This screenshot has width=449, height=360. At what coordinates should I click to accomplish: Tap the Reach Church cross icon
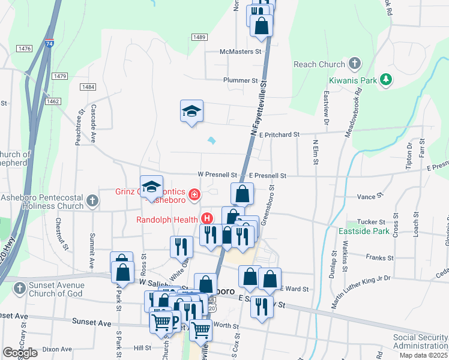pyautogui.click(x=354, y=64)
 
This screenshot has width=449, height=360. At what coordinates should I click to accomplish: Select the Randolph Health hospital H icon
pyautogui.click(x=208, y=219)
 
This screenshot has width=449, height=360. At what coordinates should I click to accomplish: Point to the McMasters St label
pyautogui.click(x=241, y=52)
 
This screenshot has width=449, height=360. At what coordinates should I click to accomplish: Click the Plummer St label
pyautogui.click(x=240, y=80)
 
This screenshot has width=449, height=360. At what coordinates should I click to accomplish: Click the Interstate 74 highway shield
pyautogui.click(x=49, y=44)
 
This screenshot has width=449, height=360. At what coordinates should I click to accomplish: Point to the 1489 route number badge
pyautogui.click(x=200, y=37)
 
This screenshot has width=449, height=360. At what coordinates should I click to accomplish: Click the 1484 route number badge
pyautogui.click(x=87, y=87)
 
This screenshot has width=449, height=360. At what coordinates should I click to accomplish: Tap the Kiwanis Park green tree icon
pyautogui.click(x=387, y=79)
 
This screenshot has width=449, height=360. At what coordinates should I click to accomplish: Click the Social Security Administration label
pyautogui.click(x=420, y=341)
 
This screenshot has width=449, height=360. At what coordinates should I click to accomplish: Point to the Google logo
pyautogui.click(x=20, y=353)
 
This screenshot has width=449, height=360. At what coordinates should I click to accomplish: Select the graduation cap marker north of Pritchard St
pyautogui.click(x=191, y=112)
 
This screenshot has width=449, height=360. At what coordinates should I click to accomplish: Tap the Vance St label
pyautogui.click(x=370, y=196)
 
